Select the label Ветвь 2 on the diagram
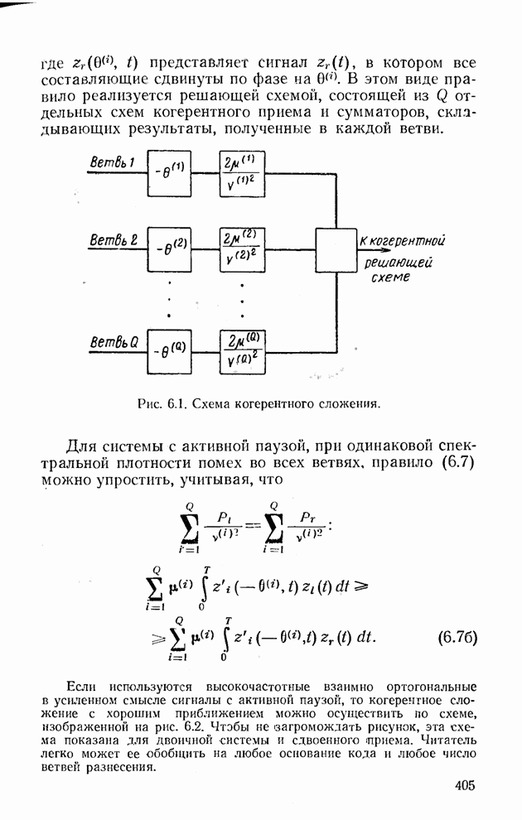coord(114,240)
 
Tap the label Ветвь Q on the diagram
coord(114,340)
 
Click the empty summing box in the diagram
coord(335,249)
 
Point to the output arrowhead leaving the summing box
coord(359,241)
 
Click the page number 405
coord(466,786)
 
